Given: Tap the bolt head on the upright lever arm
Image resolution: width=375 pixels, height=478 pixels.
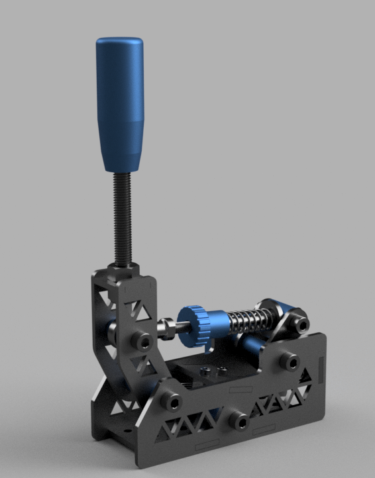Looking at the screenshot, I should pyautogui.click(x=141, y=341).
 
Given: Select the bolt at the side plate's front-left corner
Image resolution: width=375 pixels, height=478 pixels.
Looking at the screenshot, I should pyautogui.click(x=171, y=401).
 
